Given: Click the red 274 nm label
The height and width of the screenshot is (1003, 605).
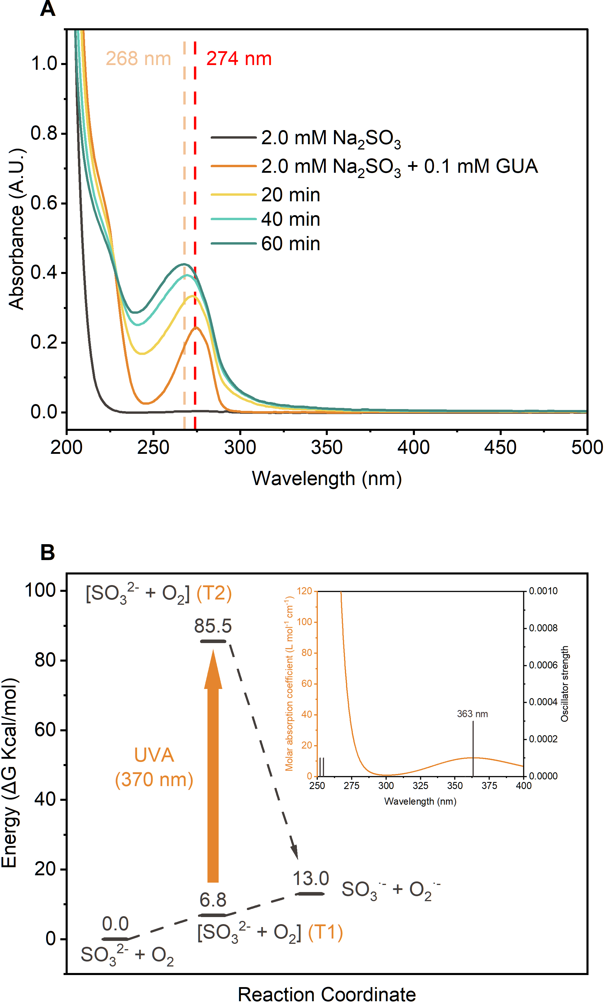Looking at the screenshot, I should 239,59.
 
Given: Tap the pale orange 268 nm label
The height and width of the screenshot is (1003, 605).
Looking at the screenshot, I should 138,59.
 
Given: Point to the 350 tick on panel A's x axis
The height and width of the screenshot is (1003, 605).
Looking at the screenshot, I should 327,447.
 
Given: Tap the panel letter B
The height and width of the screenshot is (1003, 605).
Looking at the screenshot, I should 48,552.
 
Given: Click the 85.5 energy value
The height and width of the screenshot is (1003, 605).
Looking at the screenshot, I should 212,626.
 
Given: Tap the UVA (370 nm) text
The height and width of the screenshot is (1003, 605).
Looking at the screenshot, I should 154,767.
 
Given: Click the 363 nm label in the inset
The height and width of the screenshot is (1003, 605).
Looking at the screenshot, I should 472,714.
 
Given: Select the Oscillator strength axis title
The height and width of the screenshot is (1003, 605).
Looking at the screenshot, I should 564,684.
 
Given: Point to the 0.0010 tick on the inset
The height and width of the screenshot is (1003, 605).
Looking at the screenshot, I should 543,591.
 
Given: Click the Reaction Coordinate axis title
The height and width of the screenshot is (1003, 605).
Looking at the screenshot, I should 327,994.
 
